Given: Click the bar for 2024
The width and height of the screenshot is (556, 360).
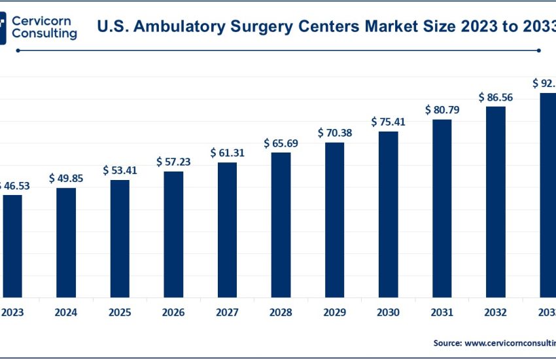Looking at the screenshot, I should point(66,242).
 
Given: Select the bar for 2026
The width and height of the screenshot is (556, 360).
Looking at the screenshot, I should point(173,234).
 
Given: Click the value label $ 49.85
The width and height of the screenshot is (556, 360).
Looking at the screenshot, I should point(66,179).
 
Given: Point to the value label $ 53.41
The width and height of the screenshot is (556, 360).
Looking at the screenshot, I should point(120,170).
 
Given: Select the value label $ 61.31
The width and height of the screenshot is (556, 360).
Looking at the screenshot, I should point(227,153).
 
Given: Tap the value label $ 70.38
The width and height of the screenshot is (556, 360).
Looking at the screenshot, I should point(334,133).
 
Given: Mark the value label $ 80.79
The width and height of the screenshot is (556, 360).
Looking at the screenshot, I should point(442,110).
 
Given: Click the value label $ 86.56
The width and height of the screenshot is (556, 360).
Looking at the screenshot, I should point(495,97).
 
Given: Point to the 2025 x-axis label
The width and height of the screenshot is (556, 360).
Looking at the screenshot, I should point(120,312).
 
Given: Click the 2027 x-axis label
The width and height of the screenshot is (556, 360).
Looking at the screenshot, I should point(227,312).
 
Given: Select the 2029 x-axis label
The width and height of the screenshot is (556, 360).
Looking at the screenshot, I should point(334,312).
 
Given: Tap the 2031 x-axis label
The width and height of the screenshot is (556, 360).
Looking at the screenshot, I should point(442,312).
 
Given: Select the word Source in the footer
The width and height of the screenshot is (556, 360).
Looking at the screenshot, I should point(447,342).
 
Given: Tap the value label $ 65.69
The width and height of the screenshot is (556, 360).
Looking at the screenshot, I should point(281,143).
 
